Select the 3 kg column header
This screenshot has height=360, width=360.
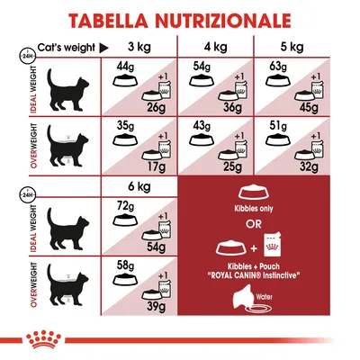pos(138,48)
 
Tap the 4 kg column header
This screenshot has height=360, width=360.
pos(216,48)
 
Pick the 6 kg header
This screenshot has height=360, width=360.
pos(138,186)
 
